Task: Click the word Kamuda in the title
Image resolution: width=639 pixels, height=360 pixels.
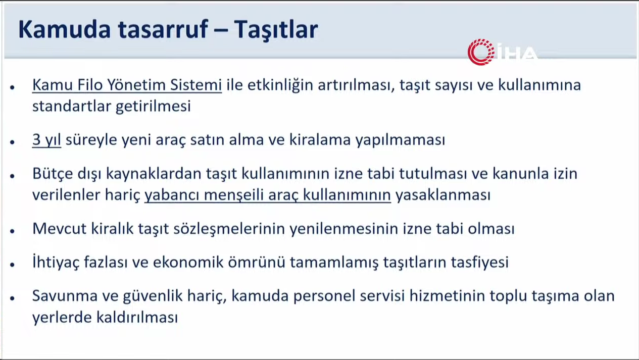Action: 65,29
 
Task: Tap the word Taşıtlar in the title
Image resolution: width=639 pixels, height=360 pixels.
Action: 276,30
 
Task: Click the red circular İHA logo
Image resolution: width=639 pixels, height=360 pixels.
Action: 481,52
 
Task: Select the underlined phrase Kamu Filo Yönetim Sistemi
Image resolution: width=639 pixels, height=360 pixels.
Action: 127,85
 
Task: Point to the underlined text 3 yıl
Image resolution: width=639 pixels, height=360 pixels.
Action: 46,140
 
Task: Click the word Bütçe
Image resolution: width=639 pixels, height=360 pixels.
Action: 53,174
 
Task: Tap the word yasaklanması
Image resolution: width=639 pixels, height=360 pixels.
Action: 443,195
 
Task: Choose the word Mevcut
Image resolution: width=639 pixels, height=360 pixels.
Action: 59,229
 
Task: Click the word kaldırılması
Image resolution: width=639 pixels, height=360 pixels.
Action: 137,317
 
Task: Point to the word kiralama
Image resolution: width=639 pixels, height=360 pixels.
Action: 320,140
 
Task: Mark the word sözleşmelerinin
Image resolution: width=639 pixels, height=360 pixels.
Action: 229,229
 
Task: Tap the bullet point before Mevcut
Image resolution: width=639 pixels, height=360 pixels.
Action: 12,231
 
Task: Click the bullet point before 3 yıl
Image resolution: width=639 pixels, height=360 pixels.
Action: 12,142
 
